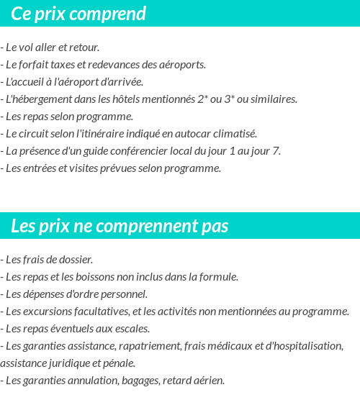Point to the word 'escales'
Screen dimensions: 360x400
[132, 329]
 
